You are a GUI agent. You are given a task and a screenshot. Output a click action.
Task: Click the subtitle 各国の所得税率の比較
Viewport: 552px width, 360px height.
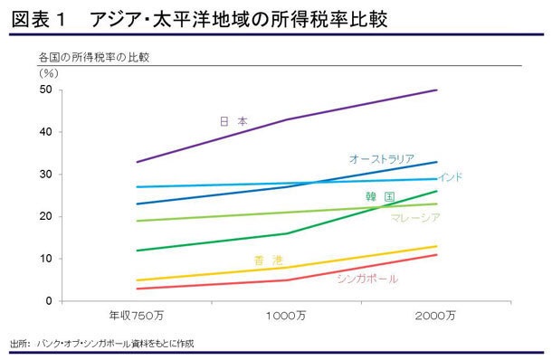(93, 57)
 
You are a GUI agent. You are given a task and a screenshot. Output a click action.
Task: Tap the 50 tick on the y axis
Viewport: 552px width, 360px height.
(45, 90)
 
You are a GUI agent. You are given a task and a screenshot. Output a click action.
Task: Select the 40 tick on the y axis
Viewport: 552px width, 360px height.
(45, 132)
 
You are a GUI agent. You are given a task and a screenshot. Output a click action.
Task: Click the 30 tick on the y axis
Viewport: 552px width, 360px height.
(45, 174)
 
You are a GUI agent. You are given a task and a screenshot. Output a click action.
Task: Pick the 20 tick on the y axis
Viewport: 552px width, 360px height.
(45, 216)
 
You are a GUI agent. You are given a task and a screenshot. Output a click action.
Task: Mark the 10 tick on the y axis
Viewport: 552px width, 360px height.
(45, 259)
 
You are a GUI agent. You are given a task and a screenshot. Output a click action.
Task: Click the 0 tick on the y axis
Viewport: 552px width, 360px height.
(48, 300)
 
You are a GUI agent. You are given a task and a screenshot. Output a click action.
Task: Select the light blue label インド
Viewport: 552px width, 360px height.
(450, 177)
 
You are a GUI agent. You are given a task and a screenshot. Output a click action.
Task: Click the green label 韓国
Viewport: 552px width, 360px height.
(379, 196)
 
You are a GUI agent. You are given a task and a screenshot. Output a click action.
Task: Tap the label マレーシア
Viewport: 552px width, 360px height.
(415, 218)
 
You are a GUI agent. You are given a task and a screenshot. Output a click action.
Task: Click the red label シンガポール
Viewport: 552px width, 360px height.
(366, 279)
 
